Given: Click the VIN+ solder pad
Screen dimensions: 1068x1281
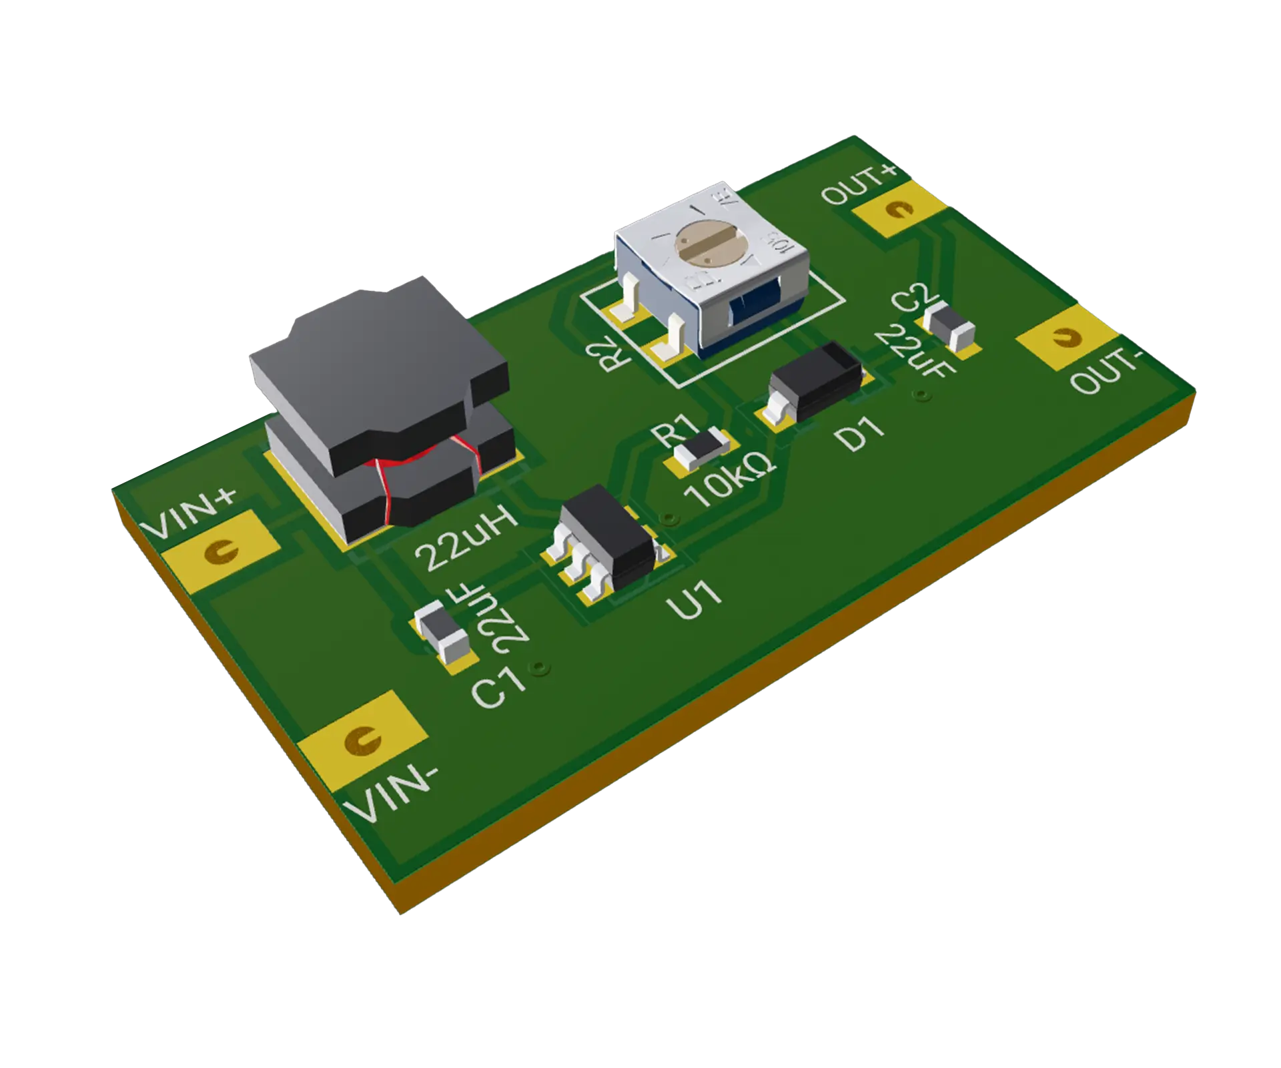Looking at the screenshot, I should point(220,551).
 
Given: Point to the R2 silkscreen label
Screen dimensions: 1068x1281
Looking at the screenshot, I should point(614,352).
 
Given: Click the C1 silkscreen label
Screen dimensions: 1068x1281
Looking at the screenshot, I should point(498,688).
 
